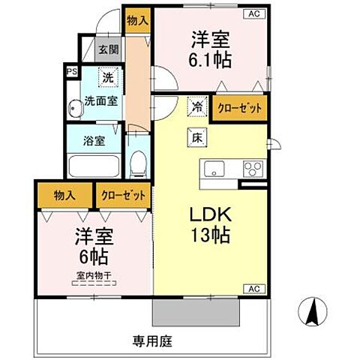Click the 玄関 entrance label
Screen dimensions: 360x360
(108, 50)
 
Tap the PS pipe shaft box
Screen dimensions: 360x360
(72, 72)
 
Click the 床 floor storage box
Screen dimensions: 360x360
(195, 137)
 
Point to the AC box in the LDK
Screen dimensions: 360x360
(253, 289)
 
